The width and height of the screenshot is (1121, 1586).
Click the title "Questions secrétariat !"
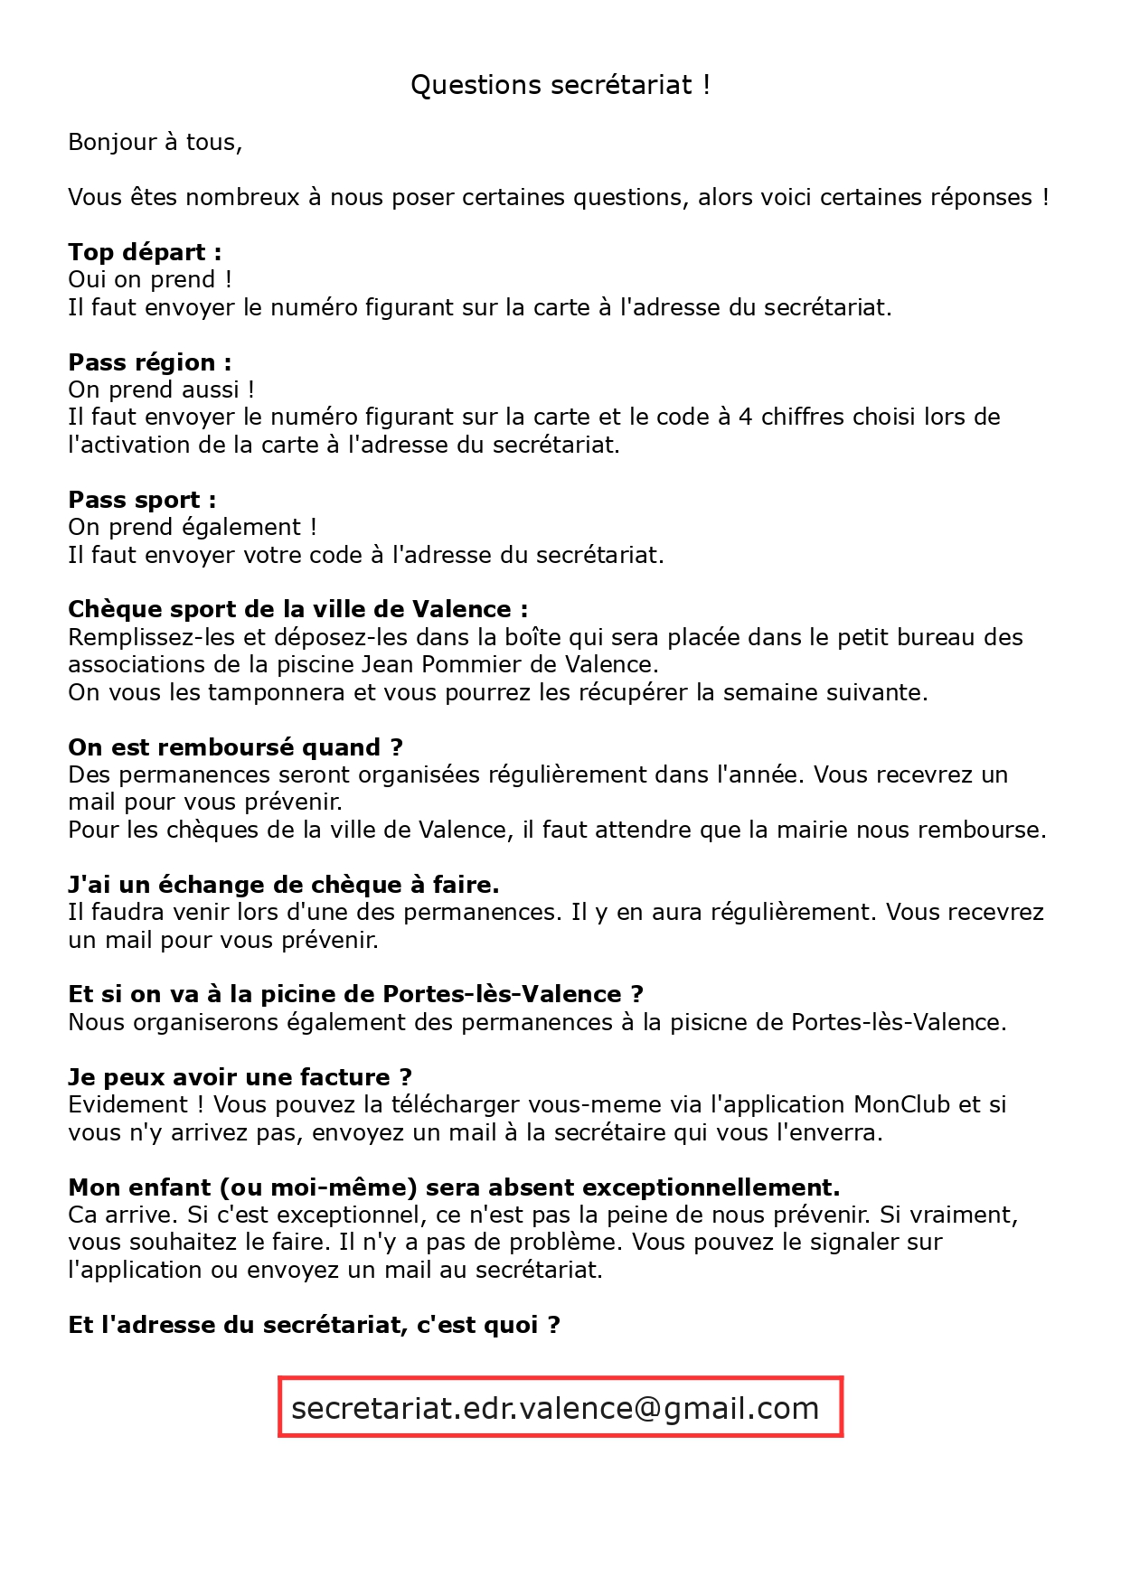pos(560,85)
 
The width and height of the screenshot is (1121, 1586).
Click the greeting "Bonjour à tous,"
pos(155,143)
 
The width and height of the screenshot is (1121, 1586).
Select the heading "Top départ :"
pos(145,252)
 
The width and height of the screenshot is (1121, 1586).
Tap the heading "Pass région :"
pos(150,362)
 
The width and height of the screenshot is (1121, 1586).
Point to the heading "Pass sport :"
pos(142,500)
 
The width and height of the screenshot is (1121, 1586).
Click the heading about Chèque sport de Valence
pos(297,610)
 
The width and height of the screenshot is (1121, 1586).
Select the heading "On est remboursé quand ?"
pos(235,747)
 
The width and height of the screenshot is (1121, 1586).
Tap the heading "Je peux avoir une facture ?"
pos(240,1077)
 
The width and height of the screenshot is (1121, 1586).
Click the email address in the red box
pos(555,1408)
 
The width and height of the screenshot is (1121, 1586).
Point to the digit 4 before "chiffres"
pos(745,418)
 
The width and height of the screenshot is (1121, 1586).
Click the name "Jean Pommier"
pos(433,665)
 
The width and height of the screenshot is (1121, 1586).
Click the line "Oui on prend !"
pos(150,280)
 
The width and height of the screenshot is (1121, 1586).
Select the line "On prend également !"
pos(192,528)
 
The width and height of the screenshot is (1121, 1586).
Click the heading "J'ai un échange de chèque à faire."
pos(283,885)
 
